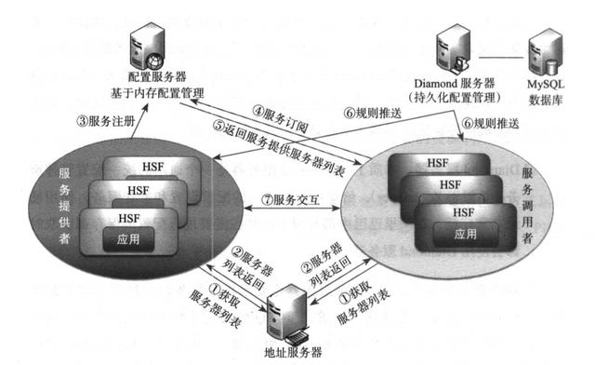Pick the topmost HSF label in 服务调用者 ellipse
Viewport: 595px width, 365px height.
point(438,161)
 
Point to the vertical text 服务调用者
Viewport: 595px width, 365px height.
point(528,207)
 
